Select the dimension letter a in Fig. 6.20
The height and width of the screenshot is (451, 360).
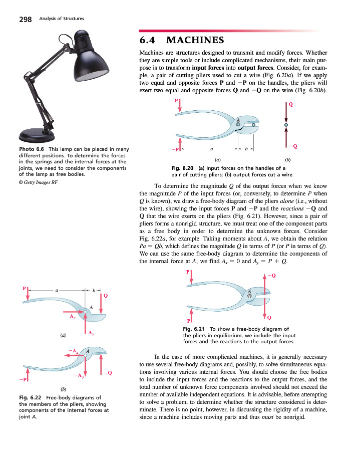click(212, 149)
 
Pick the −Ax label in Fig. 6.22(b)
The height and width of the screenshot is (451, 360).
click(73, 350)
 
